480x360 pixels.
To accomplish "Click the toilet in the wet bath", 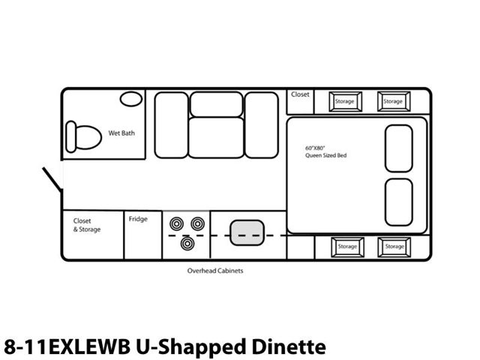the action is tap(83, 136).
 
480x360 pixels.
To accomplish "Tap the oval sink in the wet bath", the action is tap(131, 99).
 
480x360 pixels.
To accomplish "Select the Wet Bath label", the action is tap(121, 133).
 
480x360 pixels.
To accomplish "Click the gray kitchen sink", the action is tap(247, 232).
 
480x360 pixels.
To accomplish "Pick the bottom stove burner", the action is tap(187, 244).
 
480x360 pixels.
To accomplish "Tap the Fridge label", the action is tap(138, 219).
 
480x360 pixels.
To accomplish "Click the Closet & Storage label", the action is tap(87, 225).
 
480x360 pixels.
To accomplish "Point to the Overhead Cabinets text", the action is tap(215, 271).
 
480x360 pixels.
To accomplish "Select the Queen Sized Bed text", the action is tap(326, 155).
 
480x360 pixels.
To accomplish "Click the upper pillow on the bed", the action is tap(399, 148).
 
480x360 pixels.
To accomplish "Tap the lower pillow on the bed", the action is tap(399, 202).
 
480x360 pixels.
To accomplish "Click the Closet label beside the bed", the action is tap(300, 94).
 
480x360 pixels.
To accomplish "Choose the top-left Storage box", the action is tap(345, 102).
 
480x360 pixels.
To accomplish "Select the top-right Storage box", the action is tap(394, 102).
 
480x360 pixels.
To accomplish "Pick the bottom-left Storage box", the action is tap(347, 247).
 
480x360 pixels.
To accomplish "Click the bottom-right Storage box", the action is tap(394, 247).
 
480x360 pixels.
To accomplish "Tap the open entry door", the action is tap(52, 180).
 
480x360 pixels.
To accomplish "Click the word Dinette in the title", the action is tap(289, 346).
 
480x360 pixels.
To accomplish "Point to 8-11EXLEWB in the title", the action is tap(67, 347).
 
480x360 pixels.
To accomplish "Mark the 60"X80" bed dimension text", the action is tap(315, 148).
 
